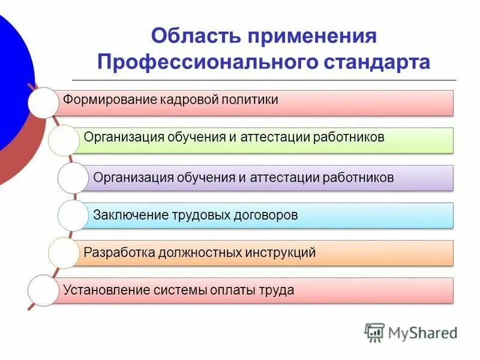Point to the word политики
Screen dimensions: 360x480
pos(250,100)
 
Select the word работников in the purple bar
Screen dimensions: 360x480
pos(358,178)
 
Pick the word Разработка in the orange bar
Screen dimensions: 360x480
pos(118,253)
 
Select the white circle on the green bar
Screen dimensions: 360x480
pos(64,140)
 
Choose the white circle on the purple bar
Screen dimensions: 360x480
pos(73,178)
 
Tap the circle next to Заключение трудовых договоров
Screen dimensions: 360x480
pos(73,215)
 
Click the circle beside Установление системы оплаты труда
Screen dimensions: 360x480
pos(43,291)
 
